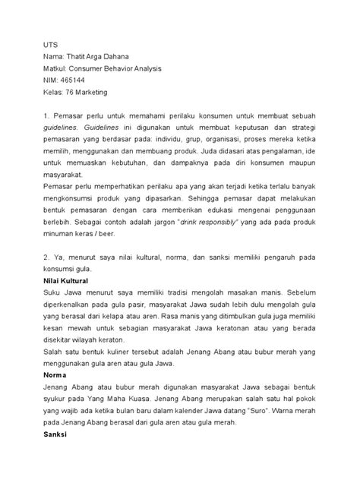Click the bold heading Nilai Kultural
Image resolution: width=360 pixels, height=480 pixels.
tap(69, 280)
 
